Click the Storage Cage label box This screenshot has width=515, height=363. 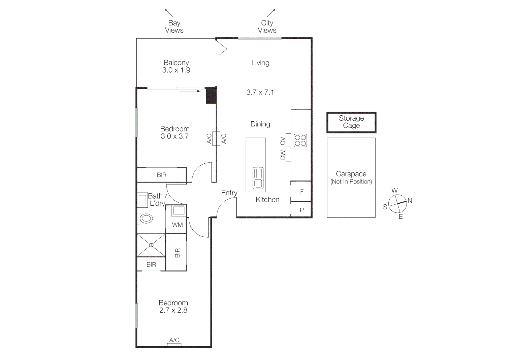[351, 122]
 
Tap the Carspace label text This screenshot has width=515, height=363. [351, 174]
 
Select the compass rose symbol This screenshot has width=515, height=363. [397, 204]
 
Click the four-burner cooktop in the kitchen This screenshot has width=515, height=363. [300, 140]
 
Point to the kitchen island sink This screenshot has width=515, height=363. [258, 178]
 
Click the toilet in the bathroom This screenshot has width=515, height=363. [146, 218]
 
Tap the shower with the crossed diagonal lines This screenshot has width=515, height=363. [151, 245]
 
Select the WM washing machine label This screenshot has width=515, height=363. [177, 225]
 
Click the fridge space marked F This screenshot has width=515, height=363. [301, 192]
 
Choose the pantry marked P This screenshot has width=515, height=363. [301, 210]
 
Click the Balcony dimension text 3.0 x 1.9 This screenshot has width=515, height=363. [176, 70]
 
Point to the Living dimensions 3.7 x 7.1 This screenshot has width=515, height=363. [260, 92]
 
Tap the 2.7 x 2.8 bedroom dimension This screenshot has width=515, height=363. [173, 310]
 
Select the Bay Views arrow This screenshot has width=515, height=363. [169, 13]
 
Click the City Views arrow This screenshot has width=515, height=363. [271, 13]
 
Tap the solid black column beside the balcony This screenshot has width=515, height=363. [211, 95]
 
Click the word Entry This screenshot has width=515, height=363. [229, 193]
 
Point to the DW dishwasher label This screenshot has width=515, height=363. [283, 155]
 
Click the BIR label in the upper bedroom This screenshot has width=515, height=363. [162, 175]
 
